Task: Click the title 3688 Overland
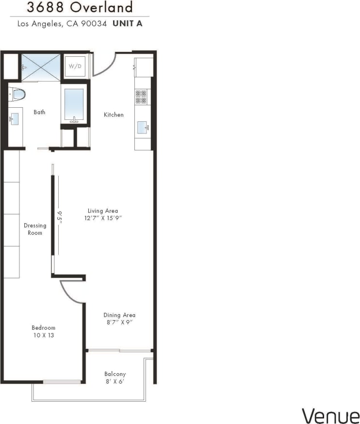tap(80, 8)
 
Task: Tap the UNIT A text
tap(128, 23)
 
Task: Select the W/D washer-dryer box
tap(75, 66)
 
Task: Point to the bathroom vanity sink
tap(15, 118)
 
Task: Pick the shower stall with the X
tap(40, 67)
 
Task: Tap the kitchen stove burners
tap(141, 97)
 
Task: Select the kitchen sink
tap(143, 128)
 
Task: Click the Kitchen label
tap(114, 115)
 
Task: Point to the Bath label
tap(39, 112)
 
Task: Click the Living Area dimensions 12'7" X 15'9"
tap(103, 218)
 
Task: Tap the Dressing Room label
tap(35, 229)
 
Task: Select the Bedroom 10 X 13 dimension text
tap(43, 335)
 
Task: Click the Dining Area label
tap(119, 315)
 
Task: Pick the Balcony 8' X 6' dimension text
tap(115, 381)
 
